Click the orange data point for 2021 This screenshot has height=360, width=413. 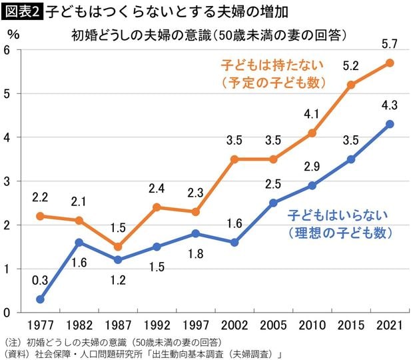[x=390, y=63]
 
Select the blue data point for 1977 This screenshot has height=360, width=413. [x=40, y=299]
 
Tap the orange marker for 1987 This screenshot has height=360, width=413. [x=117, y=247]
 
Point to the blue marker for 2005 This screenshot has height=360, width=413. [x=273, y=203]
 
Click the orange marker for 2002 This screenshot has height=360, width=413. [x=234, y=159]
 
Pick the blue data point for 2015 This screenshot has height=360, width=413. [x=351, y=159]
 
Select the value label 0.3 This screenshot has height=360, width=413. [x=40, y=280]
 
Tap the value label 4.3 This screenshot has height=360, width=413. [x=390, y=105]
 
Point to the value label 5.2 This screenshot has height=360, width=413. [x=351, y=66]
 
